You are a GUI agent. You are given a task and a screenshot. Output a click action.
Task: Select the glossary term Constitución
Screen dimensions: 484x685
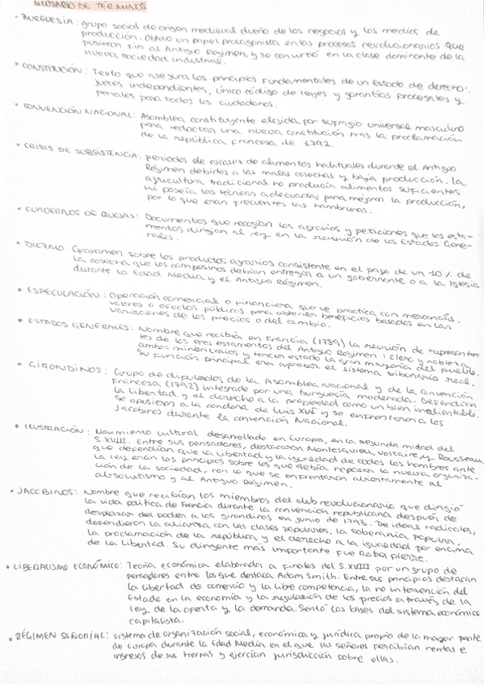tap(53, 69)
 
